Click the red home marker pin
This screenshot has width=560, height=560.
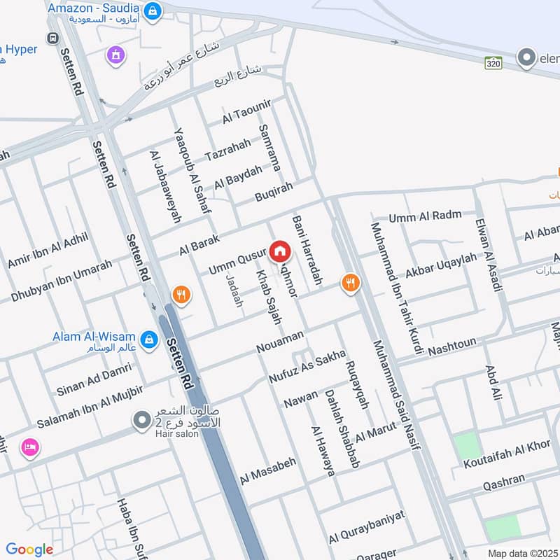click(x=279, y=251)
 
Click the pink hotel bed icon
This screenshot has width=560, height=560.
click(x=29, y=447)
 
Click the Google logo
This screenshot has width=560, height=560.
click(x=29, y=549)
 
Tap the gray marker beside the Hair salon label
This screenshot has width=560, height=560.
click(x=142, y=420)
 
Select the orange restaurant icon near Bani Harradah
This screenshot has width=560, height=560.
click(x=350, y=283)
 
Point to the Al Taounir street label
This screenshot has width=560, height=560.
click(x=246, y=112)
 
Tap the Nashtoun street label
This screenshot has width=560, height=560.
click(x=452, y=345)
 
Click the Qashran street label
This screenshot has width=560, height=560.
click(x=504, y=482)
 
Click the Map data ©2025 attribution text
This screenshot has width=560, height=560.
click(x=523, y=553)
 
